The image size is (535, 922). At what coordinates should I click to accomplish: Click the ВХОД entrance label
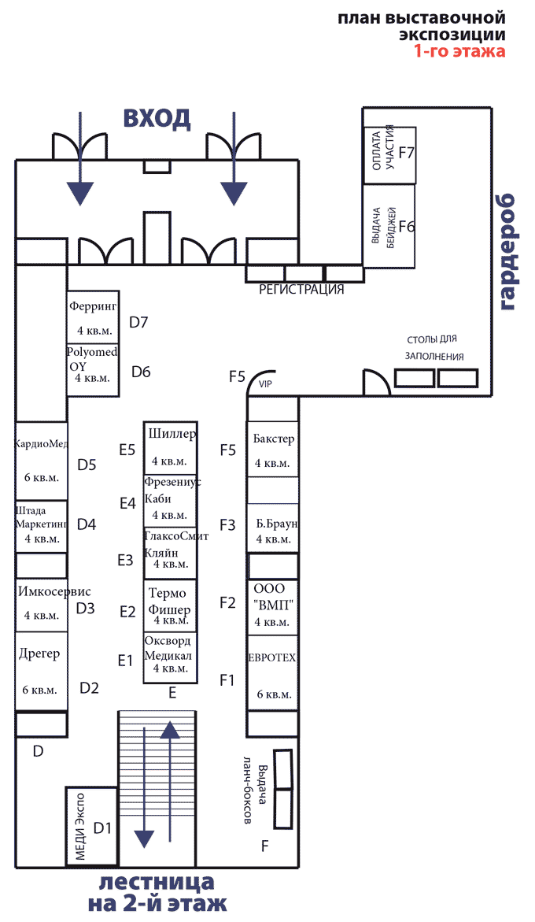[157, 118]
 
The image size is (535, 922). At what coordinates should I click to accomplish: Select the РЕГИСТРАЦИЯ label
[302, 290]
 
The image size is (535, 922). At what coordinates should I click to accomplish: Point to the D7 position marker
[138, 322]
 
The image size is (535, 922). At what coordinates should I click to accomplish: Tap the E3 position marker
[125, 561]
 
